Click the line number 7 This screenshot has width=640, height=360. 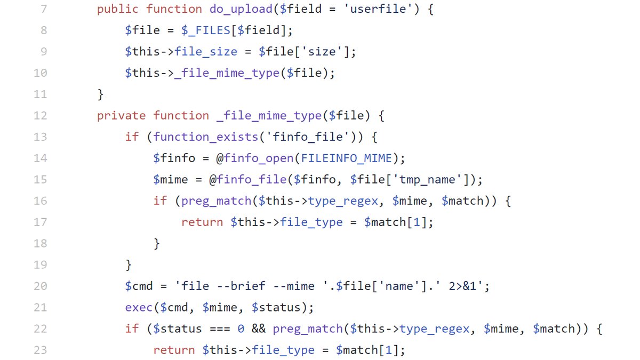coord(43,9)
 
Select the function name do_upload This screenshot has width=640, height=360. coord(237,9)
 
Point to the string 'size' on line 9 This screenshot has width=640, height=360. coord(324,52)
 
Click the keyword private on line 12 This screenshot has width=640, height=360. coord(121,116)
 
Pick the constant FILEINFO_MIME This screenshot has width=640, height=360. coord(346,158)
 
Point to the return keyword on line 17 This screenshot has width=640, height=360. coord(202,222)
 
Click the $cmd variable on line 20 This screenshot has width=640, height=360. coord(139,286)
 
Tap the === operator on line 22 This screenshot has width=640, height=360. coord(216,329)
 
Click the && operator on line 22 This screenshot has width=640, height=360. coord(258,329)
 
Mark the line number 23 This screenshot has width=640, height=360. coord(40,350)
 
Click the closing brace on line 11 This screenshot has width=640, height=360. coord(100,94)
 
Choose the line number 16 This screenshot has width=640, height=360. coord(40,201)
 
